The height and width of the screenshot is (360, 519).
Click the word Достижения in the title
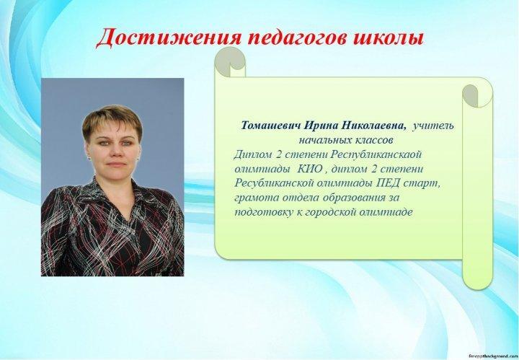168,38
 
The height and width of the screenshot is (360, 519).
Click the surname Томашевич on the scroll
271,126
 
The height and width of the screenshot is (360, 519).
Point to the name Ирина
321,126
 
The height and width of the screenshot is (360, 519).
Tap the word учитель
433,126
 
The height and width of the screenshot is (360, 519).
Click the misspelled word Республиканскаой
376,154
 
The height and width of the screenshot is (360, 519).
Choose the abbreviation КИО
309,169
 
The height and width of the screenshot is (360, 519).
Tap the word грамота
257,198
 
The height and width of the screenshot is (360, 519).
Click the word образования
354,198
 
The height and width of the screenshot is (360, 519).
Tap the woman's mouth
116,164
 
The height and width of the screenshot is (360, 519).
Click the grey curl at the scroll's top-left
230,62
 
